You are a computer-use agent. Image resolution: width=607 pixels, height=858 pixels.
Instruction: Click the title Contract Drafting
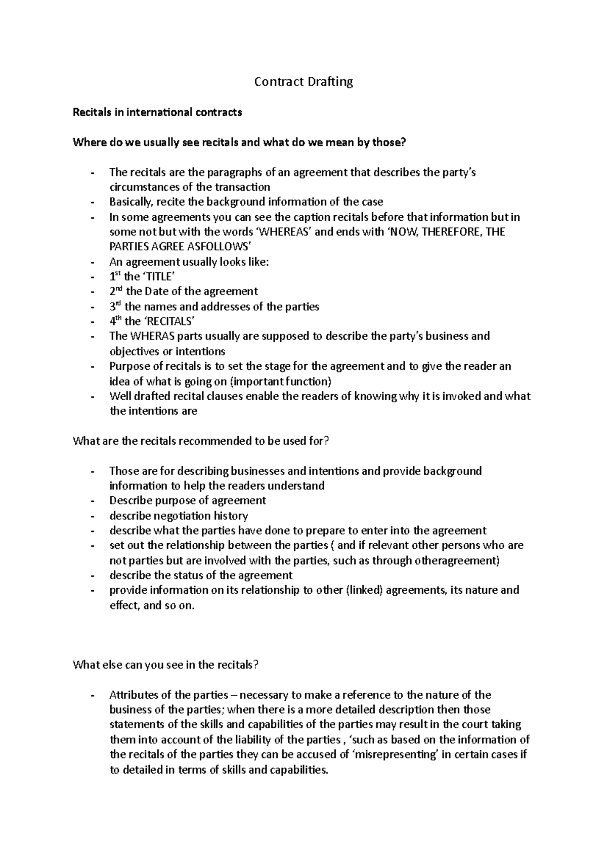pos(303,82)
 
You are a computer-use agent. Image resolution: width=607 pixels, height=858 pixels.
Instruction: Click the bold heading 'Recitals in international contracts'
pos(157,113)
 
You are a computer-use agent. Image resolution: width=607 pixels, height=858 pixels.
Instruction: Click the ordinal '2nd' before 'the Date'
pos(116,291)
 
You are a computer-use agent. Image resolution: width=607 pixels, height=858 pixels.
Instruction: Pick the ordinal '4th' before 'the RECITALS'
pos(116,321)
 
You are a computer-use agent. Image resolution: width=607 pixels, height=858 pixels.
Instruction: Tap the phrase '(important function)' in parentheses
pos(286,382)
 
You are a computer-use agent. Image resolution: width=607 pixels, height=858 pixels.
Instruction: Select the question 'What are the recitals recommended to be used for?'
pos(201,441)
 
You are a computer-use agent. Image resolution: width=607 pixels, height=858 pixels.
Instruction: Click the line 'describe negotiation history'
pos(179,516)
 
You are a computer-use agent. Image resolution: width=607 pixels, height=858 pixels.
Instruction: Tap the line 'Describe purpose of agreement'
pos(188,501)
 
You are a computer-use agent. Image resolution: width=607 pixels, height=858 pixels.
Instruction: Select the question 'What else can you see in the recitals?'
pos(166,665)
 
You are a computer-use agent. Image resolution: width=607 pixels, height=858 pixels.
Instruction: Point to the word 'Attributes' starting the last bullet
pos(133,695)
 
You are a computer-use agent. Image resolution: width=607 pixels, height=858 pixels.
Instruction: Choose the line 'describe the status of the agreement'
pos(201,576)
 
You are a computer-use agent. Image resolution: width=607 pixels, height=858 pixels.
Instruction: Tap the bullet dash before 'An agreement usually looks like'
pos(92,262)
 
